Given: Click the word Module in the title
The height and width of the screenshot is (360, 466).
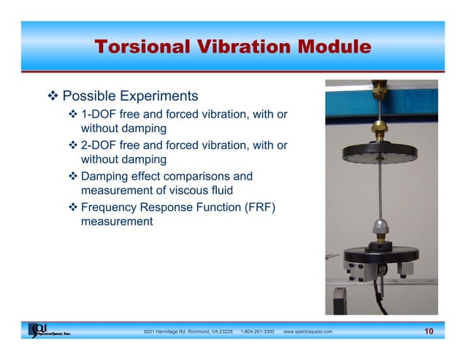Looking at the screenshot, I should click(x=329, y=48).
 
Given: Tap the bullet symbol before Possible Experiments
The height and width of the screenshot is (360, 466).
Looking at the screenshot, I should click(x=53, y=96).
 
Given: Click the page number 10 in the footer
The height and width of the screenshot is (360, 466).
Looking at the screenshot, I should click(x=428, y=332).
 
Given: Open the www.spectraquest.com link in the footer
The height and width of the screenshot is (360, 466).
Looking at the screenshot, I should click(x=308, y=332).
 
